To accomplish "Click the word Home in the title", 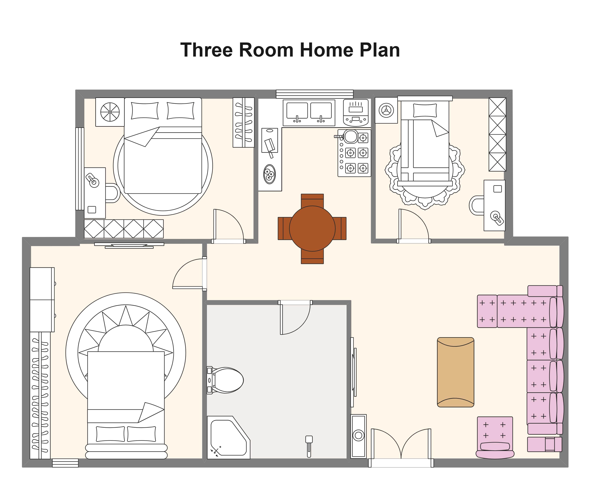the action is tap(326, 50).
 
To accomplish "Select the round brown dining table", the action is tap(312, 228).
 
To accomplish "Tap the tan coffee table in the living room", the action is tap(455, 372).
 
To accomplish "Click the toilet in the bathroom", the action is tap(225, 380).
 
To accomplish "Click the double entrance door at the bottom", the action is tap(401, 448).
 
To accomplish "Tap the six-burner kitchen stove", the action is tap(354, 153).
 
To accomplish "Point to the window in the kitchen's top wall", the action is tap(314, 94).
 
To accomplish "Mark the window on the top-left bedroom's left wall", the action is tap(80, 169).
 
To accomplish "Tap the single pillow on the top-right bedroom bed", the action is tap(425, 110).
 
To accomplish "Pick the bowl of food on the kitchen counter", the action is tap(269, 174).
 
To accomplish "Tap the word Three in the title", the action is tap(207, 50).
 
